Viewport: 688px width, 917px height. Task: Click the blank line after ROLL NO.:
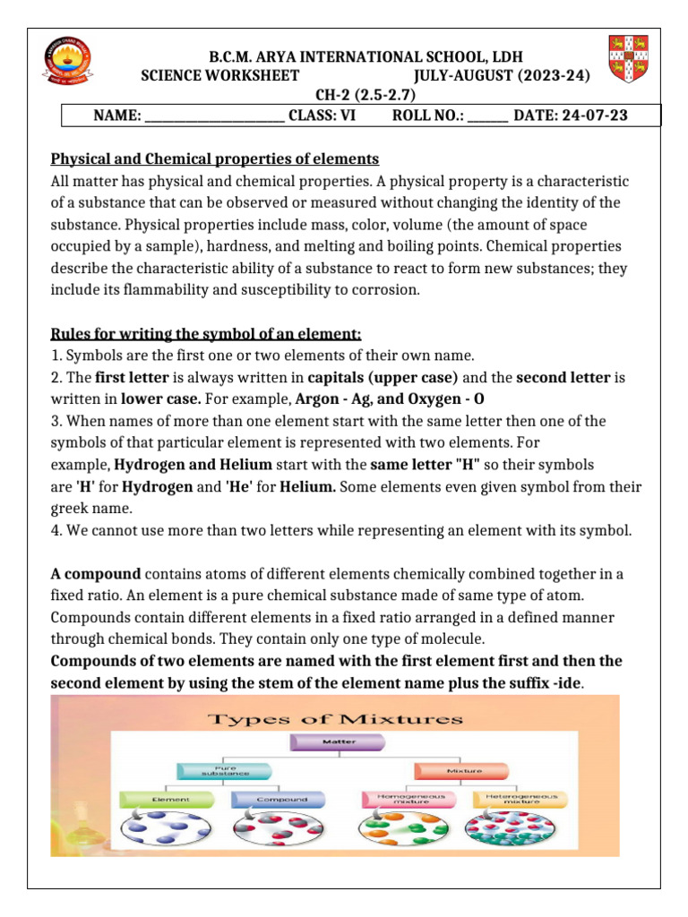coord(487,116)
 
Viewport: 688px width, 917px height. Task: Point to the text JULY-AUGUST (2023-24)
coord(503,77)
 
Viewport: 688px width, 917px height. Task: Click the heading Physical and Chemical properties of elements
coord(215,159)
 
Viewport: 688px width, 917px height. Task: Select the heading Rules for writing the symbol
coord(206,334)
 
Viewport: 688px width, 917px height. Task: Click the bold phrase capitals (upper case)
coord(384,377)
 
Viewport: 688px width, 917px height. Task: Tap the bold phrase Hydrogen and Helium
coord(192,465)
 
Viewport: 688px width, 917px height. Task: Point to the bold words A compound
coord(96,574)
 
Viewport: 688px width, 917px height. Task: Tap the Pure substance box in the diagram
coord(212,770)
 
